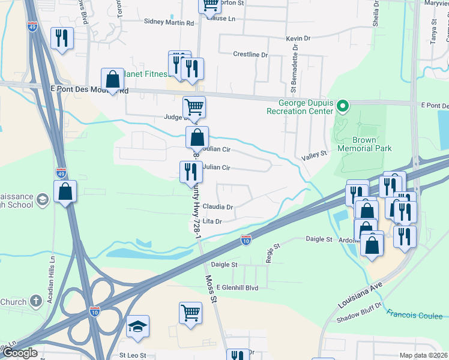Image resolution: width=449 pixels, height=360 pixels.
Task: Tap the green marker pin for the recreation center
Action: (342, 107)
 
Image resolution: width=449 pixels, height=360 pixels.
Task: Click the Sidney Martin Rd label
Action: (169, 23)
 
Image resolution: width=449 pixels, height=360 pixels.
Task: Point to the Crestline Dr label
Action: (250, 55)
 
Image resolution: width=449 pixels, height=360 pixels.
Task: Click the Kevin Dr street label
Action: (298, 38)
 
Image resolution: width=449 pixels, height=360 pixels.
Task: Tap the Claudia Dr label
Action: (217, 206)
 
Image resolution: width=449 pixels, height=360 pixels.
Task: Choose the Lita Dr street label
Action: (212, 221)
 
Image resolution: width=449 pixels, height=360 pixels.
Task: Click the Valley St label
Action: (313, 154)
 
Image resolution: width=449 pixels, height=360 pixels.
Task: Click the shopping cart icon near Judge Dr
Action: (194, 106)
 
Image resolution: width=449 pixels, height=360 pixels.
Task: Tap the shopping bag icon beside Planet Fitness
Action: (112, 79)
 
